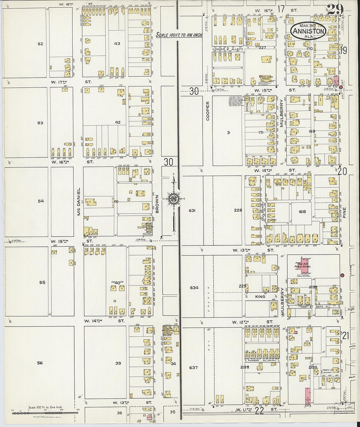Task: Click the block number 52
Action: tap(40, 44)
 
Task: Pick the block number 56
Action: tap(40, 363)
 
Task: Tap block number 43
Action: tap(117, 44)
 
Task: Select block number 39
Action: tap(118, 363)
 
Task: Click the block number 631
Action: tap(192, 210)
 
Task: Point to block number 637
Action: tap(193, 367)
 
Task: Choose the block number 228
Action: tap(238, 210)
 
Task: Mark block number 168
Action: tap(302, 211)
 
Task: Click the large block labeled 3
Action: tap(228, 133)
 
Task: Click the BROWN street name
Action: tap(157, 205)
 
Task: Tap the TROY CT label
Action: tap(327, 370)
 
